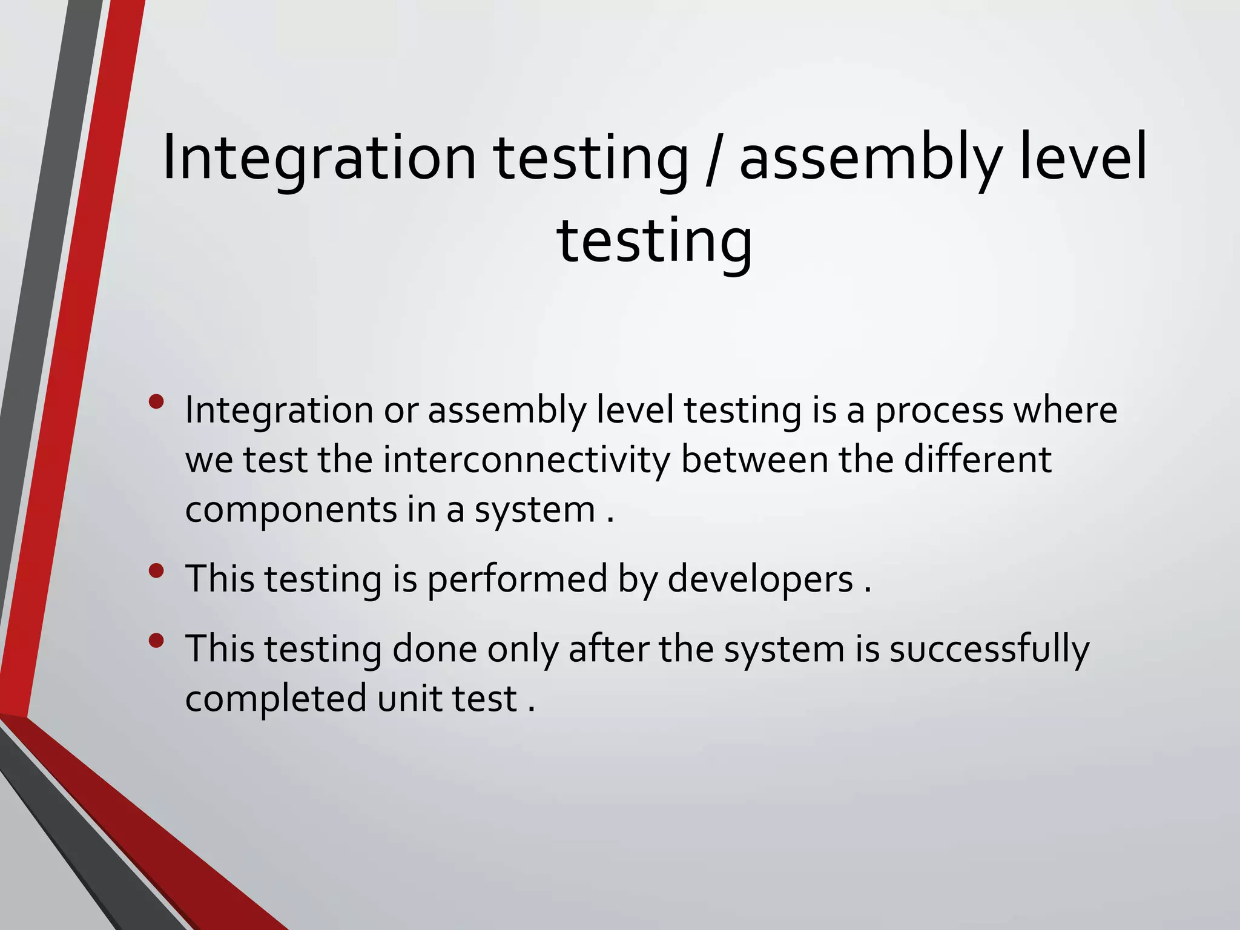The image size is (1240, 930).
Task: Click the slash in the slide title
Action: coord(714,159)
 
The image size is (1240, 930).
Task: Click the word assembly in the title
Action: coord(869,159)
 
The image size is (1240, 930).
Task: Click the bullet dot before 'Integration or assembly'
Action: coord(156,402)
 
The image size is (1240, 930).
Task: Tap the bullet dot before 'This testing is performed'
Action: coord(156,570)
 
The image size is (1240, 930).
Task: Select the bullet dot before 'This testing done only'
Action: coord(156,641)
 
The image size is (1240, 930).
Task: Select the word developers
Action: coord(760,579)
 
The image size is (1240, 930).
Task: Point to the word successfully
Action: coord(989,650)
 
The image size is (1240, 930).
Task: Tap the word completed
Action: coord(276,698)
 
